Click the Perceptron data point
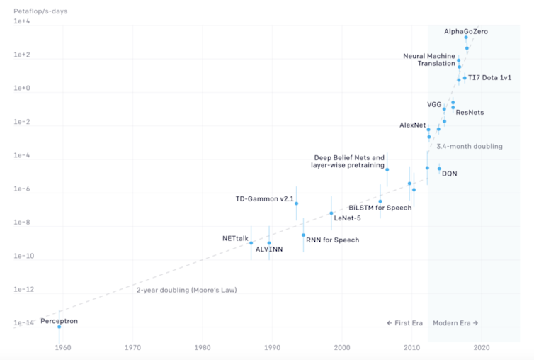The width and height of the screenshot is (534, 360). pyautogui.click(x=59, y=327)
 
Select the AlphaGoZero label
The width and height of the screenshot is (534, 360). pyautogui.click(x=465, y=32)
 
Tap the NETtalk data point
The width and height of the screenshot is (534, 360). pyautogui.click(x=251, y=243)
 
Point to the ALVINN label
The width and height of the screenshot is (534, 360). pyautogui.click(x=268, y=250)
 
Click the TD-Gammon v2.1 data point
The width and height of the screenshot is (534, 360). pyautogui.click(x=296, y=203)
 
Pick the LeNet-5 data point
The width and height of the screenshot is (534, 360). pyautogui.click(x=331, y=213)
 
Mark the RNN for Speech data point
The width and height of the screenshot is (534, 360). pyautogui.click(x=303, y=235)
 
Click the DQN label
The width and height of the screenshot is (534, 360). pyautogui.click(x=449, y=174)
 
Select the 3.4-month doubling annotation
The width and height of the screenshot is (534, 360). pyautogui.click(x=469, y=147)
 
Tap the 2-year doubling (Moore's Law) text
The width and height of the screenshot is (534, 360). pyautogui.click(x=186, y=290)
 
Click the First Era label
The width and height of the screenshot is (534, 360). pyautogui.click(x=404, y=323)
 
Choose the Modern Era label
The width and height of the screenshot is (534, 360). pyautogui.click(x=455, y=323)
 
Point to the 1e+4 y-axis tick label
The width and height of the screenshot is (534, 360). pyautogui.click(x=22, y=21)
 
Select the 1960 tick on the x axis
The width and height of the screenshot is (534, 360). pyautogui.click(x=62, y=347)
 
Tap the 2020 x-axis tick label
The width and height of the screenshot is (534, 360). pyautogui.click(x=482, y=347)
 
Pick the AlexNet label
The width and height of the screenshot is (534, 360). pyautogui.click(x=412, y=125)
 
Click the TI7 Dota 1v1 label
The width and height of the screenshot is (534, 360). pyautogui.click(x=490, y=77)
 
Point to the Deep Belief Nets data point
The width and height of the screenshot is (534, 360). pyautogui.click(x=387, y=169)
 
